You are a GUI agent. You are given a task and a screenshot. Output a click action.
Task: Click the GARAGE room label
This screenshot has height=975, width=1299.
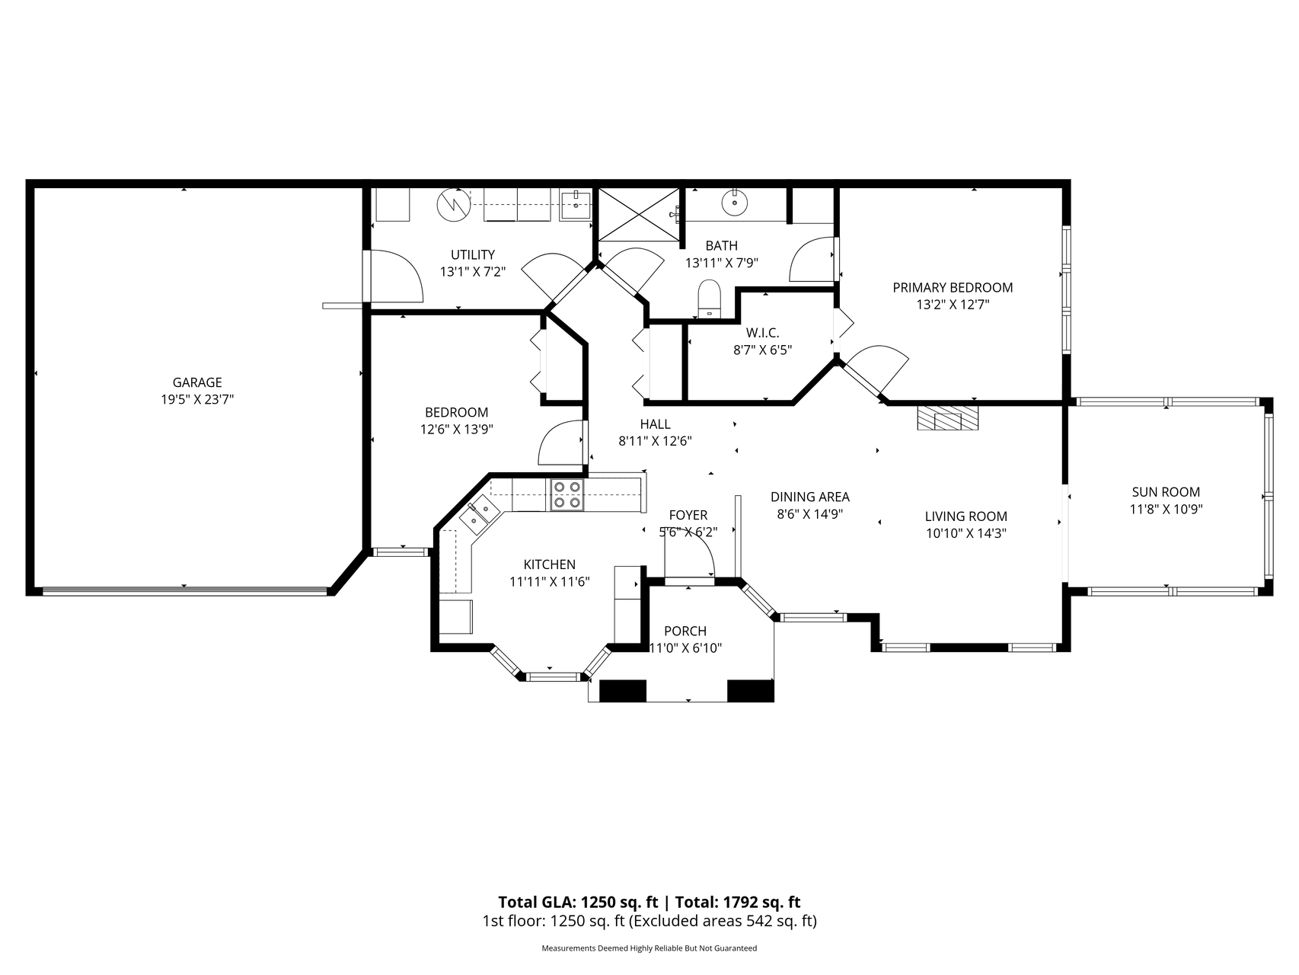pos(196,382)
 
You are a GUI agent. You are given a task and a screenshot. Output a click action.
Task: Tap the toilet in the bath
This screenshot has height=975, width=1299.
pos(710,298)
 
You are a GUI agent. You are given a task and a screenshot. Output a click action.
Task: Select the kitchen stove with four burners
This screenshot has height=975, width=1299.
pos(567,494)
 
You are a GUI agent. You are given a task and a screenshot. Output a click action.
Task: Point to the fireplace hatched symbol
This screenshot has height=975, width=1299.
pos(947,418)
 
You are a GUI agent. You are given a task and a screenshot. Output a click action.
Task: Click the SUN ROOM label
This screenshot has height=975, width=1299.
pos(1166,492)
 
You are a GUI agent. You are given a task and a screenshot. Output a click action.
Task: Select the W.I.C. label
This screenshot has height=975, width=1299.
pos(762,333)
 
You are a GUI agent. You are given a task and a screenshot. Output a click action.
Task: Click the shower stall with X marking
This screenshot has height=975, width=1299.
pos(638,214)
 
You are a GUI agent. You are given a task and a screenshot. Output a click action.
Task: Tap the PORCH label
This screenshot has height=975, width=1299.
pos(685,631)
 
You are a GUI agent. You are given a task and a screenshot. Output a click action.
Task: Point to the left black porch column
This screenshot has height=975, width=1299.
pos(623,689)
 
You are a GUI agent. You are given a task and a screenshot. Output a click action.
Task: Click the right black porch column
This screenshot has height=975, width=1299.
pos(751,689)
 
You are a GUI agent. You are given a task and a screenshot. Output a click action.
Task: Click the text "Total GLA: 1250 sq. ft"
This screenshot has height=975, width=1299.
pos(578,902)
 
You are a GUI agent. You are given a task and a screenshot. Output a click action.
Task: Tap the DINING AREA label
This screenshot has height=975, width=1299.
pos(810,497)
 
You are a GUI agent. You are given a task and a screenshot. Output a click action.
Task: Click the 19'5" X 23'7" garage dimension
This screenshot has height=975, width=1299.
pos(197,399)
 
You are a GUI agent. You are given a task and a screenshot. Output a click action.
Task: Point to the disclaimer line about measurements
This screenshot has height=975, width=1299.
pos(649,948)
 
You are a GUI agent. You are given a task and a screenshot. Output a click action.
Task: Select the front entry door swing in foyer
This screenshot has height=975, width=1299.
pos(690,554)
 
